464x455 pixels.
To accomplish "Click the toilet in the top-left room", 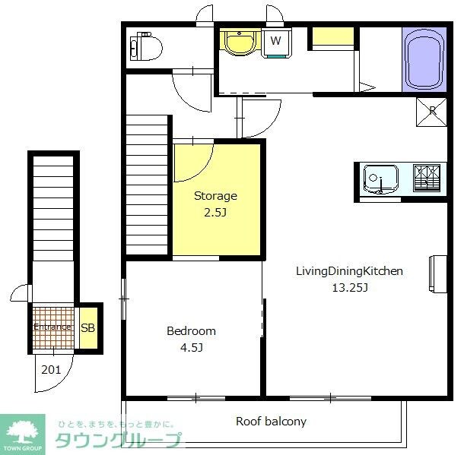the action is pyautogui.click(x=146, y=46).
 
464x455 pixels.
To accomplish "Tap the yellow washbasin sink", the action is pyautogui.click(x=239, y=43).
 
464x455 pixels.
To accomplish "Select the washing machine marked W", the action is pyautogui.click(x=276, y=42).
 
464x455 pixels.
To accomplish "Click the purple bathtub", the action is pyautogui.click(x=424, y=60).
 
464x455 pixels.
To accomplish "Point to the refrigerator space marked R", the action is pyautogui.click(x=431, y=112).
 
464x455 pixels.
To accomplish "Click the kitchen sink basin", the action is pyautogui.click(x=380, y=179).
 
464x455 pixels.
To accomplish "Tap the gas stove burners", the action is pyautogui.click(x=427, y=179).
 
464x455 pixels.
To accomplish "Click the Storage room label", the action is pyautogui.click(x=215, y=196).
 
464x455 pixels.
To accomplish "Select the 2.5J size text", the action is pyautogui.click(x=215, y=213).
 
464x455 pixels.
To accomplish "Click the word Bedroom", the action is pyautogui.click(x=191, y=331).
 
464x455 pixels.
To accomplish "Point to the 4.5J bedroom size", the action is pyautogui.click(x=192, y=347).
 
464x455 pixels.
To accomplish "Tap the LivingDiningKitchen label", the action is pyautogui.click(x=349, y=271).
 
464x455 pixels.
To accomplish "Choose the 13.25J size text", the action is pyautogui.click(x=350, y=287).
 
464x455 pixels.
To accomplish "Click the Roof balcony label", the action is pyautogui.click(x=271, y=422).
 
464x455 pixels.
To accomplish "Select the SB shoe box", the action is pyautogui.click(x=88, y=328).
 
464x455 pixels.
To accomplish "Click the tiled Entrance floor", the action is pyautogui.click(x=53, y=327).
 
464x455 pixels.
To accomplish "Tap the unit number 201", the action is pyautogui.click(x=51, y=370).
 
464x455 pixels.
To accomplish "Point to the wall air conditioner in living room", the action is pyautogui.click(x=438, y=274).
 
